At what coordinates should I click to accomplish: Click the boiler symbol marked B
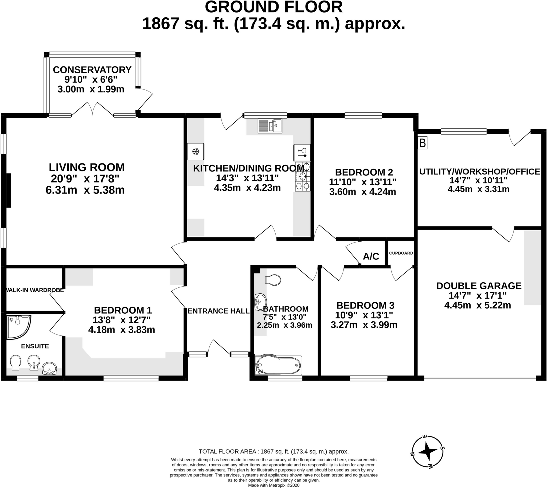pos(422,143)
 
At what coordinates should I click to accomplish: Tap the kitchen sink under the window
pos(270,126)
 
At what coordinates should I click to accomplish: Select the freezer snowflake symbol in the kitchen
pos(196,152)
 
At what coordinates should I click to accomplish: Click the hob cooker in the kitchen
pos(302,177)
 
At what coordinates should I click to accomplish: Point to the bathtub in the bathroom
pos(278,365)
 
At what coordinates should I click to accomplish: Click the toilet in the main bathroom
pos(273,280)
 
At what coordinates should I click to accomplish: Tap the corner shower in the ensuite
pos(18,327)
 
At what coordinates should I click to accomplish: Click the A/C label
pos(371,256)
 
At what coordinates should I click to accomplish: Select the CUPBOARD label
pos(401,253)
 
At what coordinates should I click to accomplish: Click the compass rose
pos(427,451)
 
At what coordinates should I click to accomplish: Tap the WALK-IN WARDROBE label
pos(35,290)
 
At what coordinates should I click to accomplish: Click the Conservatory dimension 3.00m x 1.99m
pos(91,89)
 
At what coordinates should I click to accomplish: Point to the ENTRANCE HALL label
pos(218,311)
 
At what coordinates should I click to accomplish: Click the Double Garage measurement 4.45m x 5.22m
pos(478,305)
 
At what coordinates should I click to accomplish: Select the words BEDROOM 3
pos(365,305)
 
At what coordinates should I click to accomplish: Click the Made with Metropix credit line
pos(273,485)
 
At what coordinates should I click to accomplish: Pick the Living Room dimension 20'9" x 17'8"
pos(85,179)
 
